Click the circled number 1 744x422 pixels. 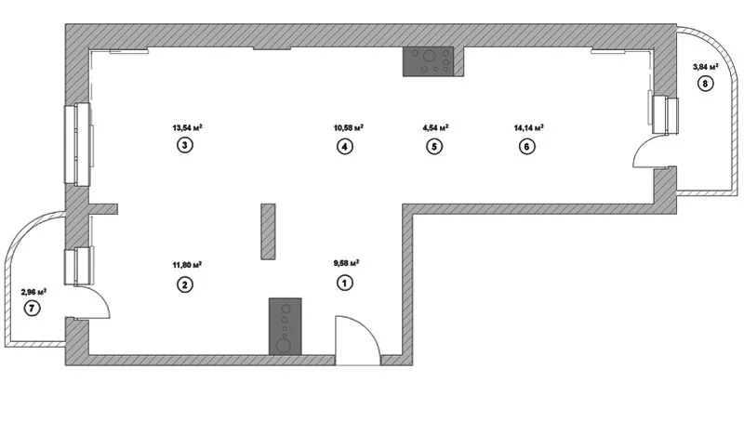point(345,284)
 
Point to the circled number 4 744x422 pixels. point(345,146)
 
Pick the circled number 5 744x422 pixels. point(433,146)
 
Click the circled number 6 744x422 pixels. point(527,146)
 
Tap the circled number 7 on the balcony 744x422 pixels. point(33,310)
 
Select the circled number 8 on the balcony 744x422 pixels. point(705,85)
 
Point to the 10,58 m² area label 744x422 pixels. point(348,128)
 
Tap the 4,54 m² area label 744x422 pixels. point(435,128)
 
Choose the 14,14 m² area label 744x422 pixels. point(528,128)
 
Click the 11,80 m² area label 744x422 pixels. point(187,265)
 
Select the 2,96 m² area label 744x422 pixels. point(33,292)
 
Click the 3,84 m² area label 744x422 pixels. point(706,67)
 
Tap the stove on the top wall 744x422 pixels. point(428,61)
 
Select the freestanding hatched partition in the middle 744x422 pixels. point(268,231)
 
